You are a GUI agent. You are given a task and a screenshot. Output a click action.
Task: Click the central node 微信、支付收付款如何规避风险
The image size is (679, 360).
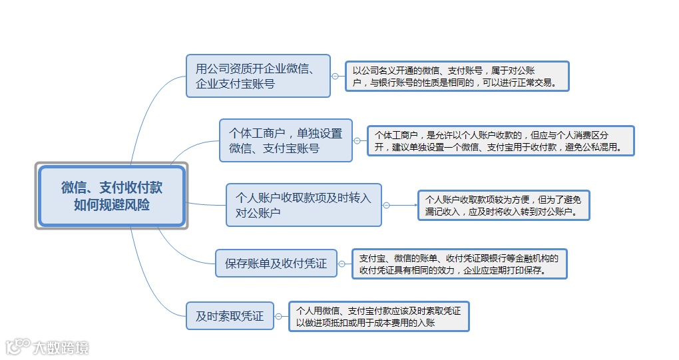[x=111, y=196]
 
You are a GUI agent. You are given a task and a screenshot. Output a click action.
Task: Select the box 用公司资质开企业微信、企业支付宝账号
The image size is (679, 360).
[x=258, y=76]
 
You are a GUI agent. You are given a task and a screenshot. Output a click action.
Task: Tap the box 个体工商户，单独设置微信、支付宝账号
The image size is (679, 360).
[x=286, y=140]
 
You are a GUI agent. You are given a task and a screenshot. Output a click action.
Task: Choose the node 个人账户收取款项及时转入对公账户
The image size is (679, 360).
[x=304, y=205]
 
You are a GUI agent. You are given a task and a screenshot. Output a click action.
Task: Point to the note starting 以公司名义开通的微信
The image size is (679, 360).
[x=457, y=77]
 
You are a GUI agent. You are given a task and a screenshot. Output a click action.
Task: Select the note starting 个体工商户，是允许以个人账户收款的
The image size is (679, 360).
[x=501, y=141]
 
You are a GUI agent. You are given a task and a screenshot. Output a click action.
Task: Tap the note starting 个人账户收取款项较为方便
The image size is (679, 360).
[x=503, y=205]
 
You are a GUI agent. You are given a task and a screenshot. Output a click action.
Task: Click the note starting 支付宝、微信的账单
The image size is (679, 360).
[x=459, y=264]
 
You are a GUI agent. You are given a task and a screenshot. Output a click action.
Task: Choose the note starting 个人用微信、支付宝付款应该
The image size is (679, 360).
[x=379, y=316]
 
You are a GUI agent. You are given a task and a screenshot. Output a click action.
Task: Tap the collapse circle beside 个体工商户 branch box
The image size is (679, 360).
[x=357, y=140]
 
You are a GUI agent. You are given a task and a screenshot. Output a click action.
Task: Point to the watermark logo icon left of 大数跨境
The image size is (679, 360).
[x=17, y=347]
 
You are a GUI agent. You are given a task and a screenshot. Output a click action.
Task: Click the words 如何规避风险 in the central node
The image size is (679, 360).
[x=112, y=205]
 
